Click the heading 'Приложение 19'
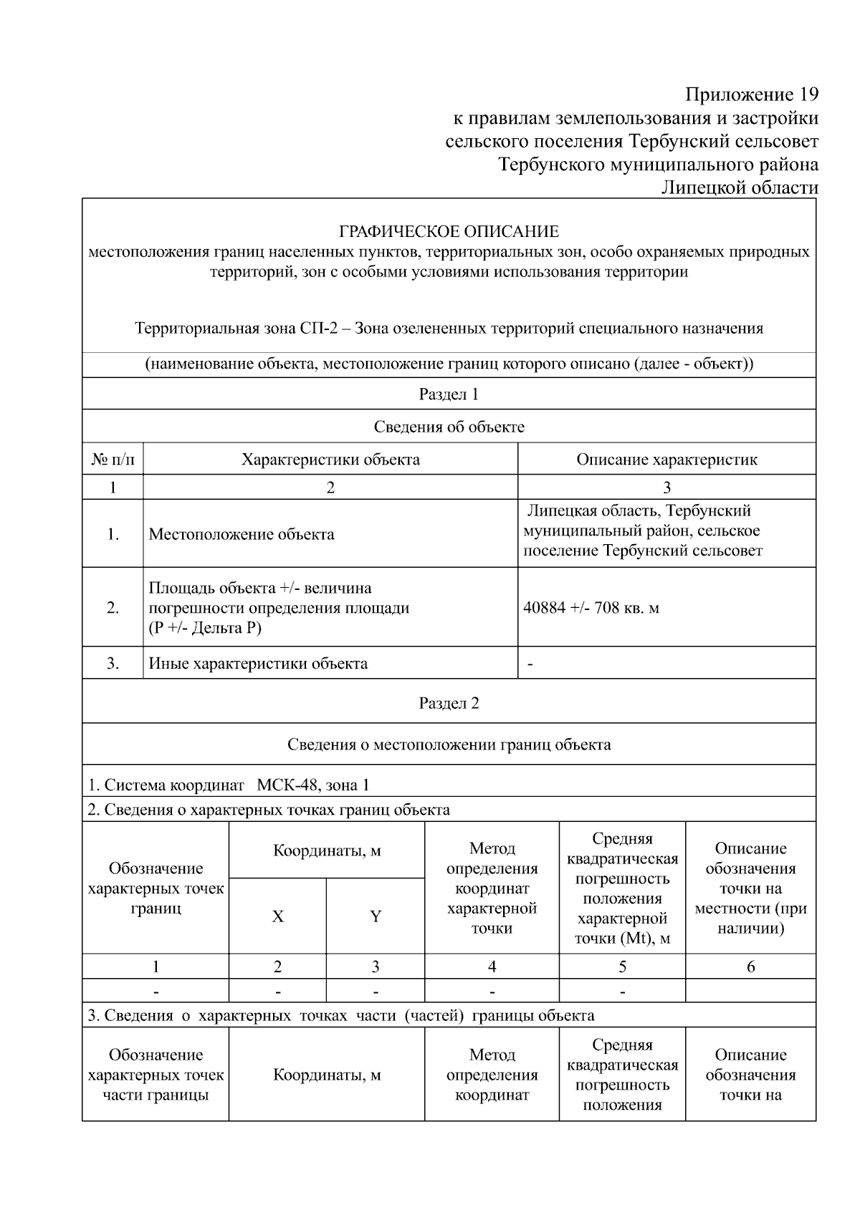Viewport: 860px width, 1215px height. [x=751, y=95]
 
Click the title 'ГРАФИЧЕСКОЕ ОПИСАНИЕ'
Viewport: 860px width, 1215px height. [x=449, y=232]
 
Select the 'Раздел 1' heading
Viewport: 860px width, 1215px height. [x=449, y=394]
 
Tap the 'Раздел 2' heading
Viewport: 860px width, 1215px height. [x=449, y=703]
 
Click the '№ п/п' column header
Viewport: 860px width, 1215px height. [x=113, y=460]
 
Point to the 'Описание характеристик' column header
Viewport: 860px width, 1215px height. [x=666, y=460]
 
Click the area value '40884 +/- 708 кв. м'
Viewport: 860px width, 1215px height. [x=591, y=609]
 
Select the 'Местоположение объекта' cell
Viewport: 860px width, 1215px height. [x=242, y=535]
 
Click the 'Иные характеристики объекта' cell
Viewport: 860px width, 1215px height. [x=258, y=664]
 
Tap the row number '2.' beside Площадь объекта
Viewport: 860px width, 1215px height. [x=113, y=609]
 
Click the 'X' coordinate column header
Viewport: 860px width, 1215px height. [x=277, y=917]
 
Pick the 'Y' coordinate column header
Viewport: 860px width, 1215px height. [x=375, y=917]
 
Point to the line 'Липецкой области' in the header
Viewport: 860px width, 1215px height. [x=739, y=188]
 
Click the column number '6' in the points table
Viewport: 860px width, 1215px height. [x=750, y=967]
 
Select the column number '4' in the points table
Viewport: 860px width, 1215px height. [x=492, y=967]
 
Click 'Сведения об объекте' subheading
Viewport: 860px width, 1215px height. [x=449, y=427]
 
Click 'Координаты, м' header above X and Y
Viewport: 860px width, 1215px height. [x=327, y=851]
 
